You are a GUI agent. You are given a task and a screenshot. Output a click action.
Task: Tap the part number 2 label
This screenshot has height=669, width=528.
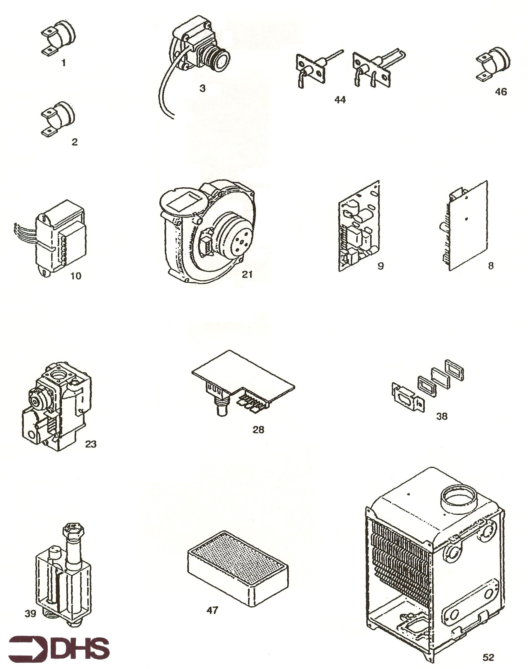75,142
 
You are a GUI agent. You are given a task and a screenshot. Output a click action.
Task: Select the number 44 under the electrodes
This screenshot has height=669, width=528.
340,100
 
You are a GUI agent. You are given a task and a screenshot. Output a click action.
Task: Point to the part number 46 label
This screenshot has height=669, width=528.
501,92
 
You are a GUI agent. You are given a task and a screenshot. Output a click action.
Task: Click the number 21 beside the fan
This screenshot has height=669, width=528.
247,274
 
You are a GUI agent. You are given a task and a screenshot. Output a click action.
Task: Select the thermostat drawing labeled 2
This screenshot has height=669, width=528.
58,118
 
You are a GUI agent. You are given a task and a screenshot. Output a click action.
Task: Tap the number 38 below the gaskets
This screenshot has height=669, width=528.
442,416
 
